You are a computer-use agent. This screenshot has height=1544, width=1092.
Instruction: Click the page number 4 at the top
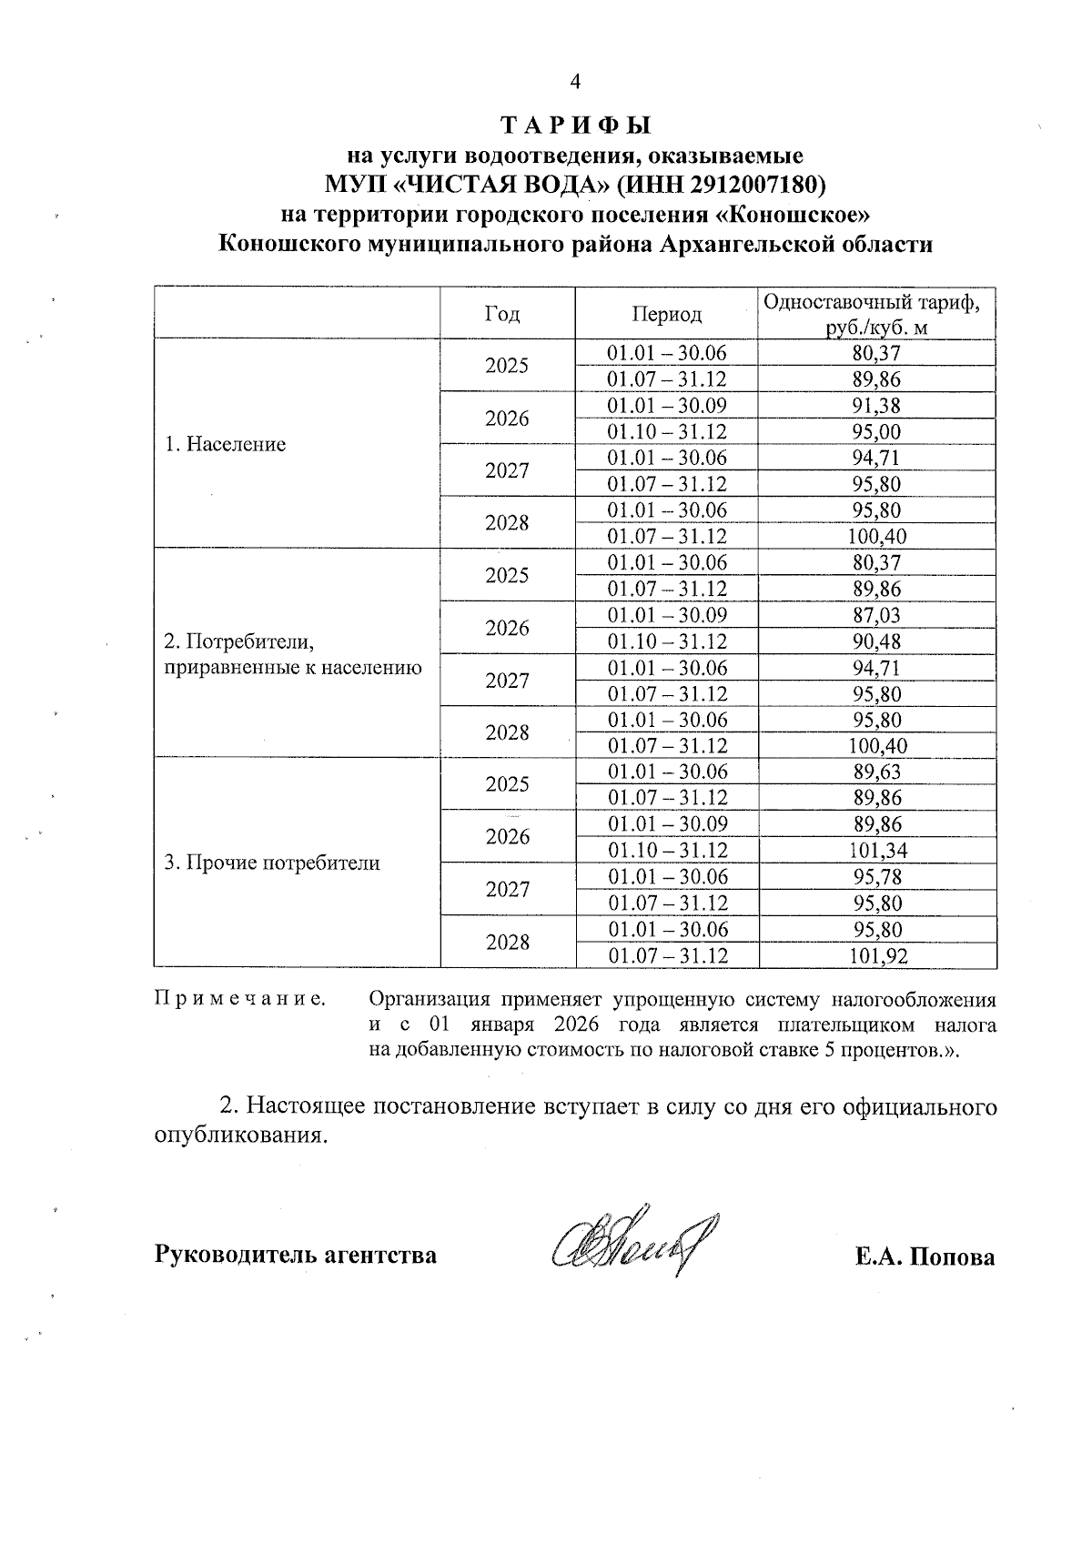[574, 82]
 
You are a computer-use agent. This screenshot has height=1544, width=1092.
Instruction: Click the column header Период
[666, 314]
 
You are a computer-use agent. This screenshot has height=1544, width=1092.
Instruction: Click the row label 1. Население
[225, 444]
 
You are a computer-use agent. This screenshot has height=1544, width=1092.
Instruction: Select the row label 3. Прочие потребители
[271, 863]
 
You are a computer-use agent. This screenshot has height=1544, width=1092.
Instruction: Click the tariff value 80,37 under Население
[877, 353]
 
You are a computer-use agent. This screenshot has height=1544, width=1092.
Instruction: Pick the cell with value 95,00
[877, 431]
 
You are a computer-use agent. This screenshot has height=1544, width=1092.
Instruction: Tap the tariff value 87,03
[877, 615]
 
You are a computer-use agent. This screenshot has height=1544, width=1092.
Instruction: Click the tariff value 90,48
[877, 641]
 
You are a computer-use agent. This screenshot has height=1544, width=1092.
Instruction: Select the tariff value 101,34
[877, 851]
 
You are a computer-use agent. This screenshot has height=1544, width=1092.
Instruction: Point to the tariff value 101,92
[877, 955]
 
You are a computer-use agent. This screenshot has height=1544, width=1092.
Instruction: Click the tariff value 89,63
[877, 772]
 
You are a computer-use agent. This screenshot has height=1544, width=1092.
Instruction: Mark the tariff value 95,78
[877, 876]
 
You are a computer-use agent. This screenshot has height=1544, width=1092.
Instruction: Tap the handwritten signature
[633, 1245]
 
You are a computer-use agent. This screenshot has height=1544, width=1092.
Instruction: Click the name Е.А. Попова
[925, 1256]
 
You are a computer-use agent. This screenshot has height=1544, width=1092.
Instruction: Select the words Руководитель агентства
[296, 1256]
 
